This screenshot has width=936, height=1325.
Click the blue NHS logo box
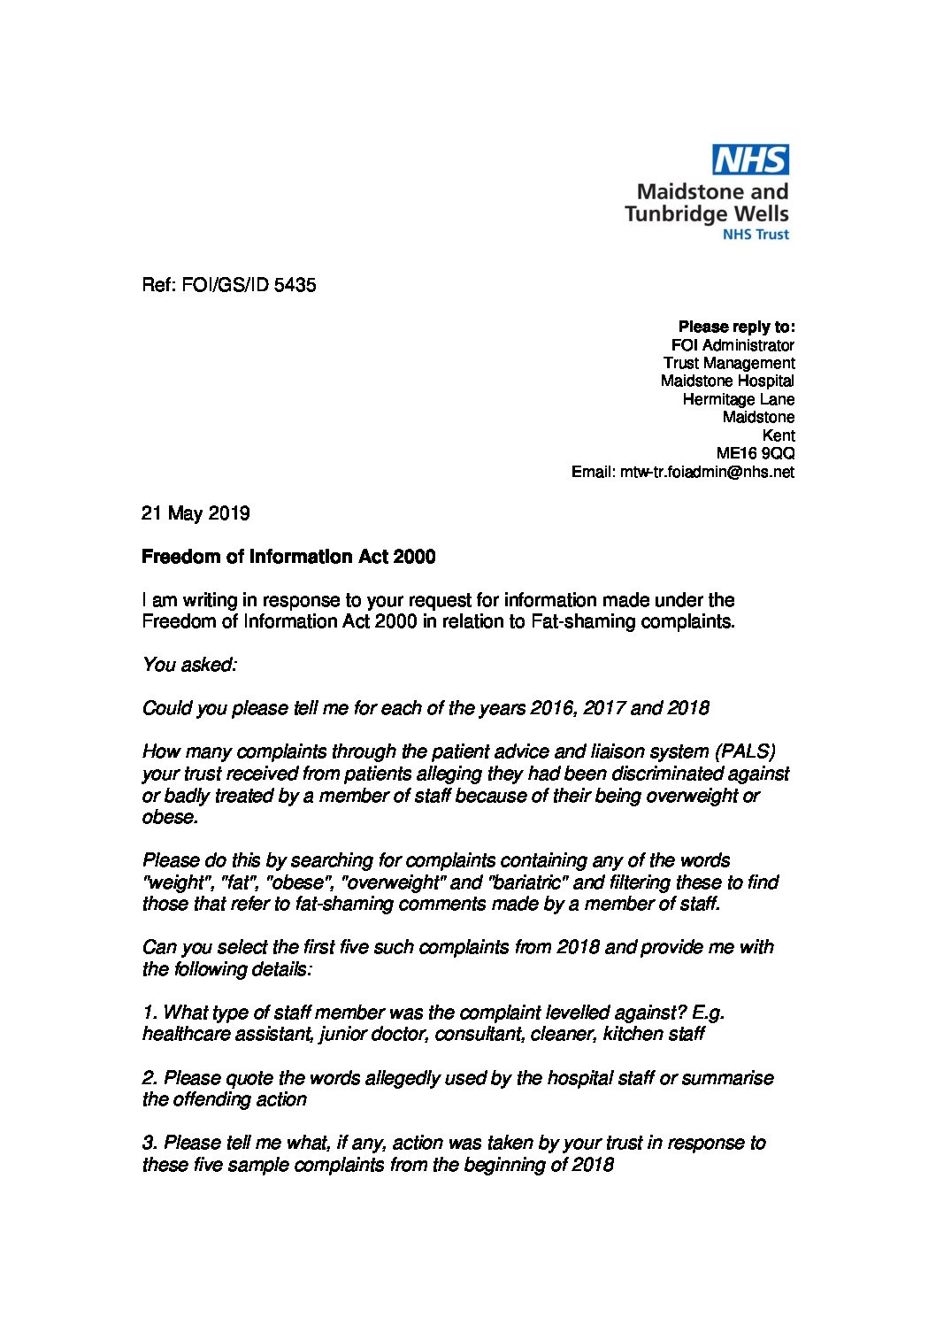click(x=750, y=160)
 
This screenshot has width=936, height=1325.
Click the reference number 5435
click(x=295, y=285)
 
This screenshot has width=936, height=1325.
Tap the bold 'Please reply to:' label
click(x=736, y=327)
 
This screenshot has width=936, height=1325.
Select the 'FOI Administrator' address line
click(x=733, y=345)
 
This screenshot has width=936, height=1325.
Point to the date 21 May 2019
click(x=196, y=513)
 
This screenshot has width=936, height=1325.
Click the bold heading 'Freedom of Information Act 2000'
click(x=288, y=557)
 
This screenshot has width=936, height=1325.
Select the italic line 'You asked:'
click(x=189, y=665)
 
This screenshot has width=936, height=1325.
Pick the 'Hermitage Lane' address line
click(x=738, y=399)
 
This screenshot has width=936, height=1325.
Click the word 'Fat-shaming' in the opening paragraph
click(x=582, y=621)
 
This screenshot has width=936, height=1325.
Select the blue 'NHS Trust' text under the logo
click(x=756, y=235)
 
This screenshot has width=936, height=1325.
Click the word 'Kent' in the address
click(x=778, y=435)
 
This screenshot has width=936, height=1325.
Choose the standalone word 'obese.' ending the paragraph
click(x=170, y=817)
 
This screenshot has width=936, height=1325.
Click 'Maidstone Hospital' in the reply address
click(x=727, y=381)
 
